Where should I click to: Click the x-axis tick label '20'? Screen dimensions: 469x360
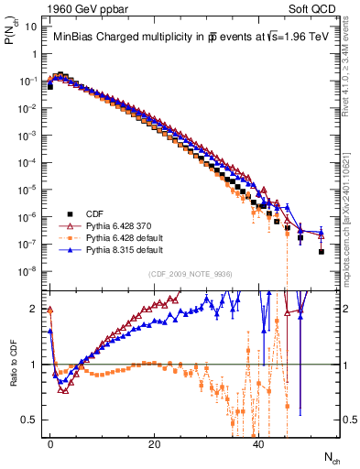click(x=155, y=442)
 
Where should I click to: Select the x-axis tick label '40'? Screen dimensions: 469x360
click(x=259, y=442)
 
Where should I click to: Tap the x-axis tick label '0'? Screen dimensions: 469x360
click(x=50, y=442)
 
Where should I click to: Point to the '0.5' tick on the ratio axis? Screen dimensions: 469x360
click(x=30, y=420)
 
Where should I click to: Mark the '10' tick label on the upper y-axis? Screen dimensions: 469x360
click(x=30, y=27)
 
